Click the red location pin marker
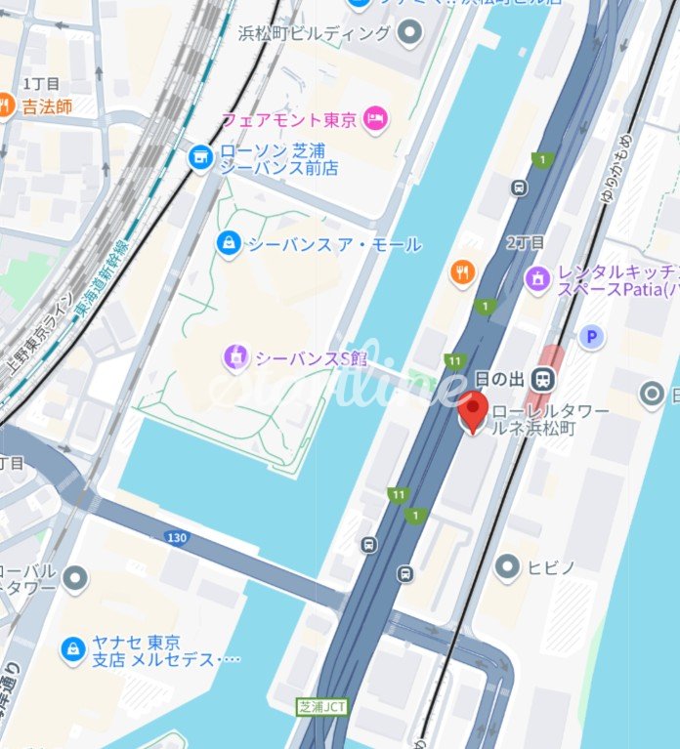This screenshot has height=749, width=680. [x=474, y=410]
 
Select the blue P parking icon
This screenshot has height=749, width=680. [x=590, y=338]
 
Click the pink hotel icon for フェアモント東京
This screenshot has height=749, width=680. [x=375, y=120]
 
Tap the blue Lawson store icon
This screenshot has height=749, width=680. [x=200, y=156]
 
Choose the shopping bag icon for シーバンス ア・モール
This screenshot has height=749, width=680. [x=228, y=243]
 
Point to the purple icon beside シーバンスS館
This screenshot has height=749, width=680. [x=235, y=358]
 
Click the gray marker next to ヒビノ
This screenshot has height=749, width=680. [x=506, y=565]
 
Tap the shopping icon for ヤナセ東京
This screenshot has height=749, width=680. [x=72, y=649]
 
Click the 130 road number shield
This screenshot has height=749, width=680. [x=177, y=537]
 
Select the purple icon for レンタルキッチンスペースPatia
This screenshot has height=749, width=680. [x=536, y=278]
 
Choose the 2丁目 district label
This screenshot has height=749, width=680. [x=525, y=242]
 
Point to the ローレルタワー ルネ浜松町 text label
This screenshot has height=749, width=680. [x=549, y=419]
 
